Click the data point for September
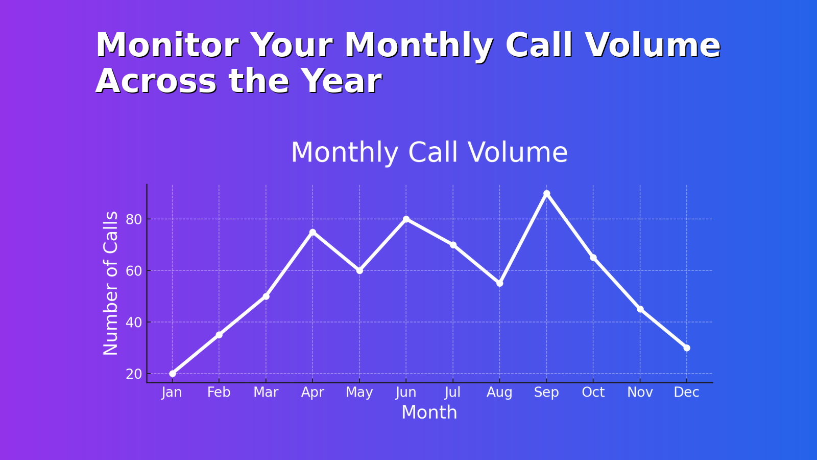coord(546,193)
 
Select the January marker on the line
coord(173,374)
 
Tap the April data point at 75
coord(313,232)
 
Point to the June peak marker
coord(406,219)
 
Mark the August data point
coord(499,283)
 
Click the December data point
coord(687,348)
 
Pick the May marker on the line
coord(359,270)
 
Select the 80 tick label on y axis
coord(134,220)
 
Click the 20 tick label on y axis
coord(134,374)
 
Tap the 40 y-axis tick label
coord(134,323)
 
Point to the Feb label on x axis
coord(219,393)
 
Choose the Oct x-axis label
coord(593,393)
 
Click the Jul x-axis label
coord(452,393)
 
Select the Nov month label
coord(640,393)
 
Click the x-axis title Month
coord(429,412)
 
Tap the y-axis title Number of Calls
coord(111,283)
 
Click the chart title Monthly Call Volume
coord(429,152)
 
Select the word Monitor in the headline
coord(166,45)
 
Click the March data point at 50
coord(266,296)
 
